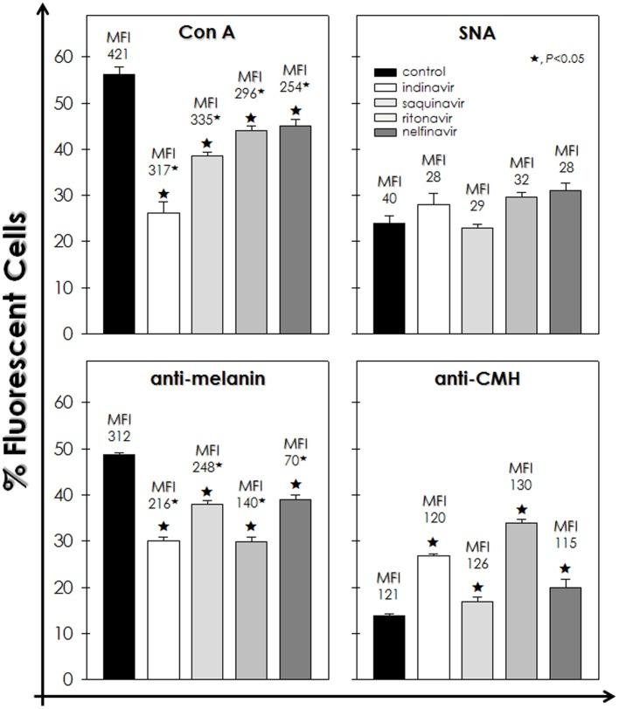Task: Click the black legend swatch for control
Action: point(391,72)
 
